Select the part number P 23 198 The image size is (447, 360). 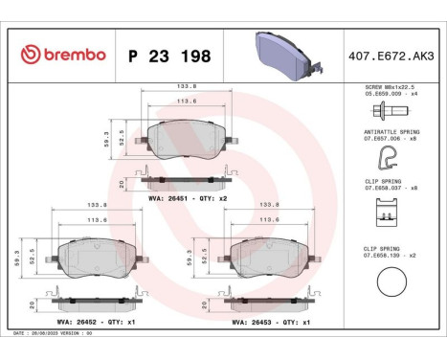coord(169,55)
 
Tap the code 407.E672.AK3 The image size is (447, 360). coord(392,55)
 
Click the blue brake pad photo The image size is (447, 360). coord(282,55)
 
